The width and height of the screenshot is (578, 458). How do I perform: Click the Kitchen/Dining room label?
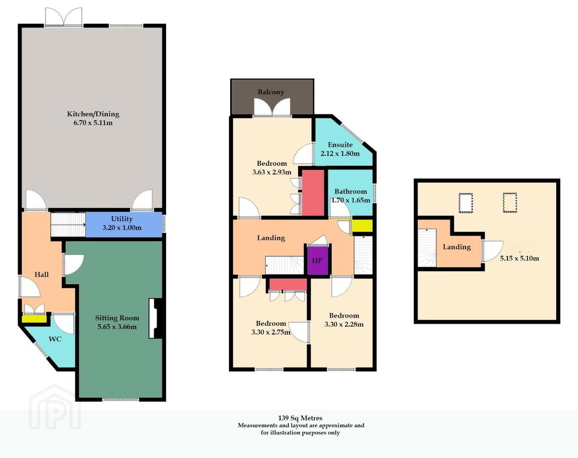click(x=93, y=114)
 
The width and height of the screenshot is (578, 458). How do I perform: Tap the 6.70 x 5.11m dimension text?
click(x=93, y=123)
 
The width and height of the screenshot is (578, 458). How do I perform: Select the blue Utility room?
click(x=124, y=225)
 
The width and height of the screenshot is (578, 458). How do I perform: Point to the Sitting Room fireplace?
click(x=156, y=318)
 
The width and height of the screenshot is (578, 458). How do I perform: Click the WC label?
click(x=55, y=339)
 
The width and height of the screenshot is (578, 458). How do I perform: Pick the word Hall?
click(x=42, y=274)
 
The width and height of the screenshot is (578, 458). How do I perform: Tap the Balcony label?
click(x=271, y=92)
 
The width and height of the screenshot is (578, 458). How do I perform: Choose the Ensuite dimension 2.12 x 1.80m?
click(x=340, y=154)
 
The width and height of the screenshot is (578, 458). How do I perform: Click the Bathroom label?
click(x=351, y=191)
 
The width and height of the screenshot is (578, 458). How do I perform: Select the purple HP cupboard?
click(x=317, y=260)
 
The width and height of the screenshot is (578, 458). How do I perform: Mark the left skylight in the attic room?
click(x=466, y=203)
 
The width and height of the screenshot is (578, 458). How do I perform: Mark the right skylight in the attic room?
click(x=510, y=203)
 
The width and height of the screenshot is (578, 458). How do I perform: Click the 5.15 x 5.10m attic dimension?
click(x=519, y=258)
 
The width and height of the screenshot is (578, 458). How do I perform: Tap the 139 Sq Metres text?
click(x=300, y=418)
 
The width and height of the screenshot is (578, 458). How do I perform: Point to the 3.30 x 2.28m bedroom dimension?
click(x=344, y=324)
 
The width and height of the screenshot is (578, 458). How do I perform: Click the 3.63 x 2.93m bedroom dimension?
click(x=272, y=172)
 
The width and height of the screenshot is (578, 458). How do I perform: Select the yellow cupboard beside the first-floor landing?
click(x=362, y=226)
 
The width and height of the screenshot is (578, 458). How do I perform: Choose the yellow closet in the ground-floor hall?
click(x=34, y=319)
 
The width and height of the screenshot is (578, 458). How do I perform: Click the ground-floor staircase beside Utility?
click(x=68, y=225)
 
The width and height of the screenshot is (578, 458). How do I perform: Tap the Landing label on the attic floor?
click(x=457, y=247)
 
